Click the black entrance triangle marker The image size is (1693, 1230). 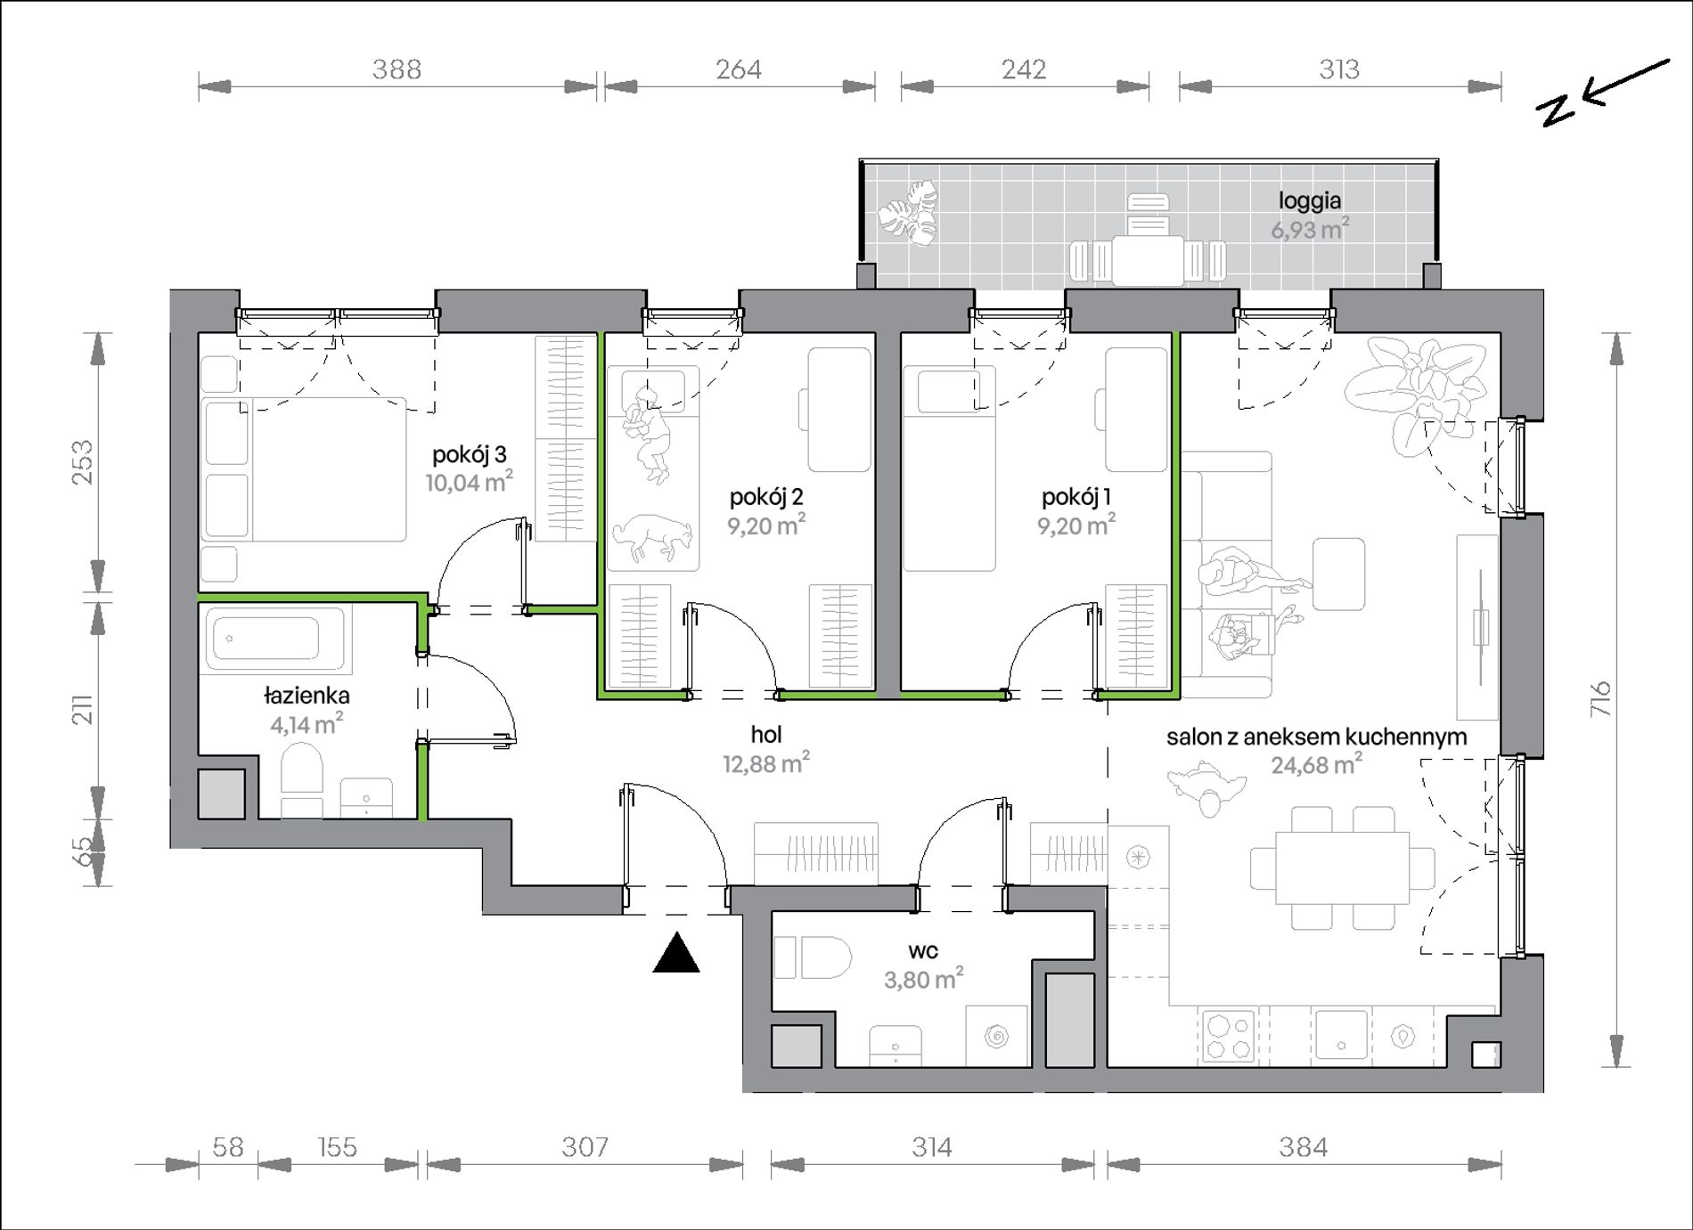coord(676,952)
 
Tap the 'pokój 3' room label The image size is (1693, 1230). coord(470,455)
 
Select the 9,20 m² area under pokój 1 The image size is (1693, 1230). coord(1076,525)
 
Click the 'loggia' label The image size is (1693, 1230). coord(1310,201)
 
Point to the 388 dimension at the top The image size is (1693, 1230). coord(397,69)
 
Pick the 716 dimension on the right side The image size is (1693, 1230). coord(1602,699)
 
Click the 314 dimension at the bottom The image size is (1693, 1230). coord(932,1147)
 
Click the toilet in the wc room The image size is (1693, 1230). coord(815,957)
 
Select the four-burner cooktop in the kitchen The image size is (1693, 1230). coord(1228,1036)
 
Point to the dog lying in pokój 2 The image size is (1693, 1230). coord(652,537)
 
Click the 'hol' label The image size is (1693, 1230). coord(766,735)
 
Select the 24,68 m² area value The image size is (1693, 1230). coord(1316,764)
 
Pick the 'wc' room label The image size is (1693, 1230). coord(923,951)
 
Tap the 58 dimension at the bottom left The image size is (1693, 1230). coord(228,1147)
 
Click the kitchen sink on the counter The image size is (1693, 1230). coord(1341,1035)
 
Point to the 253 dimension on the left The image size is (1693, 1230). coord(82,462)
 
